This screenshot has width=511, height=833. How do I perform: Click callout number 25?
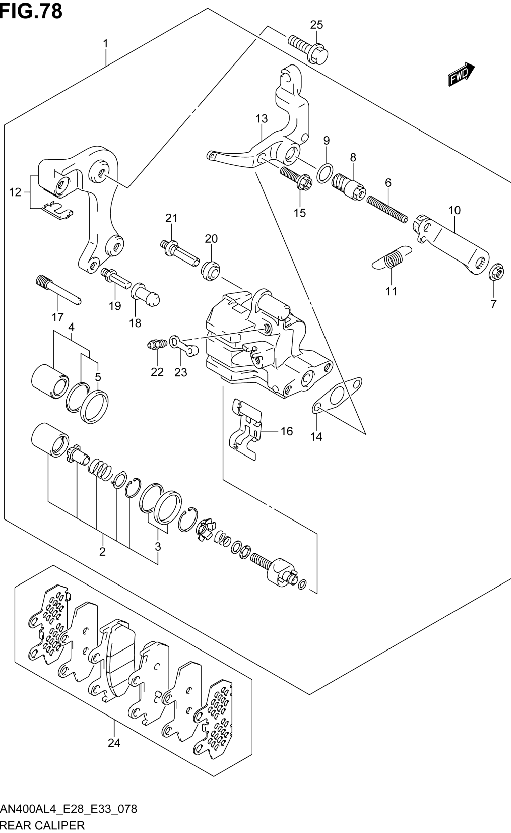pyautogui.click(x=316, y=25)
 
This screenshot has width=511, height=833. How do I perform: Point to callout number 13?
pyautogui.click(x=261, y=119)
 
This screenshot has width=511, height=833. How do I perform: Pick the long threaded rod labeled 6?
pyautogui.click(x=387, y=210)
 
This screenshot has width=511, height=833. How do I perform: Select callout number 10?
pyautogui.click(x=454, y=210)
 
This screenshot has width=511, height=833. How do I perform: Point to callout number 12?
pyautogui.click(x=15, y=193)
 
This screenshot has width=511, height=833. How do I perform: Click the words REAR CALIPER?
pyautogui.click(x=43, y=825)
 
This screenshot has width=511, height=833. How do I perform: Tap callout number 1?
pyautogui.click(x=105, y=44)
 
